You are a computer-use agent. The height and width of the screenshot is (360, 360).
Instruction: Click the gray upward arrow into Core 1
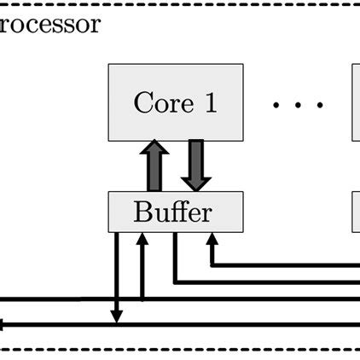pyautogui.click(x=154, y=165)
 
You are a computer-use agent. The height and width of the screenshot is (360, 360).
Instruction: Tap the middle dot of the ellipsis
pyautogui.click(x=298, y=105)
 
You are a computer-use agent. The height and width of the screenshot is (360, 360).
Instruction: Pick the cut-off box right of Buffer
pyautogui.click(x=356, y=212)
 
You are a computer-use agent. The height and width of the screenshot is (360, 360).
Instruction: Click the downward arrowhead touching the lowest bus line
pyautogui.click(x=117, y=317)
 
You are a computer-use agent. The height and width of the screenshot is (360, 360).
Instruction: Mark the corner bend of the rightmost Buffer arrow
pyautogui.click(x=211, y=264)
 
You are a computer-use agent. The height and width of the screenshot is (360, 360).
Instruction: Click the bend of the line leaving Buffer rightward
pyautogui.click(x=175, y=280)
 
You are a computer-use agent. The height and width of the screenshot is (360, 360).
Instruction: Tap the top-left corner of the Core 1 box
pyautogui.click(x=109, y=65)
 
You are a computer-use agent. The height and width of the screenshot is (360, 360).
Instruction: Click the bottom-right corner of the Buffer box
pyautogui.click(x=242, y=230)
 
